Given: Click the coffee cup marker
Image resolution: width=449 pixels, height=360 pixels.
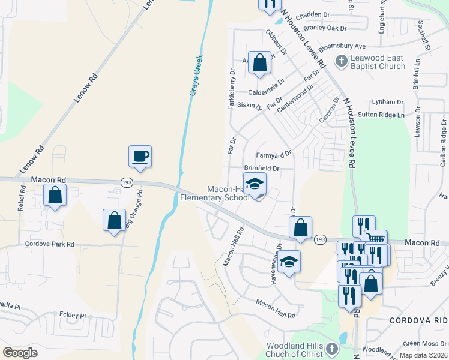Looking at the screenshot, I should point(140,157).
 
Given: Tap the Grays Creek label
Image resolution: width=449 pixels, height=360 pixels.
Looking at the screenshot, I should point(196,76).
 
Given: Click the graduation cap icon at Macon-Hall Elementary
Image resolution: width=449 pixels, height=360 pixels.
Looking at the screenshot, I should point(255,184).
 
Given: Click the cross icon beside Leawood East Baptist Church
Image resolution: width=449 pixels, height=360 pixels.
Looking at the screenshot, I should point(341,61).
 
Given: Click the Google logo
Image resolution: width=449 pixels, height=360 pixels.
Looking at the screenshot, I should point(20,353).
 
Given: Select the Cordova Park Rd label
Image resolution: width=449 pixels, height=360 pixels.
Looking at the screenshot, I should point(49,244).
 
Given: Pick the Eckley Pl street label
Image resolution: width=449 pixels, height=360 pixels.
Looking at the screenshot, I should point(73,315).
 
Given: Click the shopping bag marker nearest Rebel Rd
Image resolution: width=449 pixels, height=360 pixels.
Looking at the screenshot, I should point(55,195).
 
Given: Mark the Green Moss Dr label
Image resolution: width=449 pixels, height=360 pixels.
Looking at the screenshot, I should point(423,344).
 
